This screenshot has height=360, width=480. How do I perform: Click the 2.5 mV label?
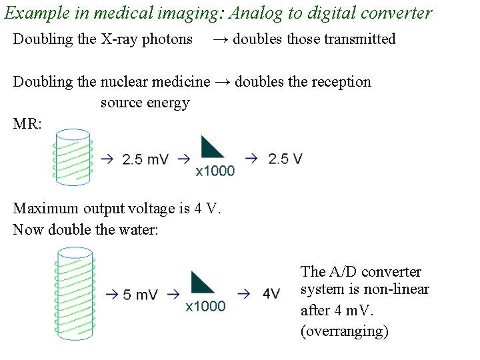[x=145, y=159]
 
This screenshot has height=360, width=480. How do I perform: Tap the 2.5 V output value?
[x=285, y=159]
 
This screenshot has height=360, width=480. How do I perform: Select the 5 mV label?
[x=141, y=294]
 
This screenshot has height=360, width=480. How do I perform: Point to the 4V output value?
[x=271, y=294]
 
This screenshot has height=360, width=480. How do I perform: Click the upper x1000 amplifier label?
[x=215, y=171]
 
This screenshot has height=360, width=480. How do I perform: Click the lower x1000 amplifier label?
[x=205, y=306]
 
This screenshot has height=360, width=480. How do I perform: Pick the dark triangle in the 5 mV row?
[x=203, y=283]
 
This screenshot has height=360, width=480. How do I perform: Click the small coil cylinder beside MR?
[x=73, y=157]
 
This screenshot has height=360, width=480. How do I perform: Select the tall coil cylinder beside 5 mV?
[x=74, y=293]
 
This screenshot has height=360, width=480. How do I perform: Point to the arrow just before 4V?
[x=243, y=294]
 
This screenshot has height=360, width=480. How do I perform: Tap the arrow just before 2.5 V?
[x=251, y=159]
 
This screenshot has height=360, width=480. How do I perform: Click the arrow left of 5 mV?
[x=111, y=294]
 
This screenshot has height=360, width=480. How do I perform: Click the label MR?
[x=27, y=123]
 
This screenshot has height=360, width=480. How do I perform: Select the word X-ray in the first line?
[x=120, y=39]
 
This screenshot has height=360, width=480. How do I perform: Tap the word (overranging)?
[x=344, y=331]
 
